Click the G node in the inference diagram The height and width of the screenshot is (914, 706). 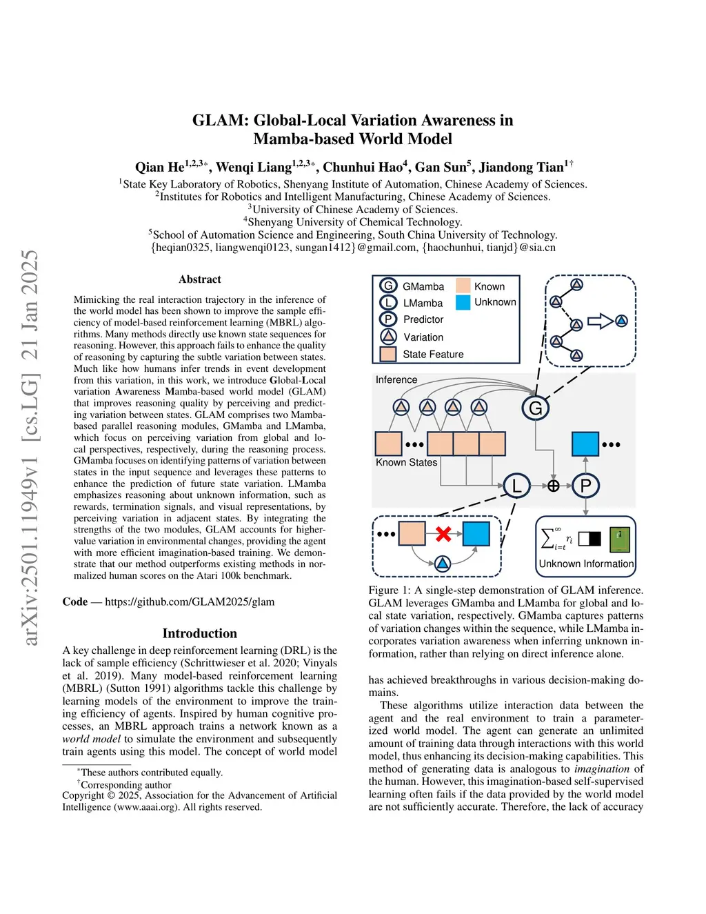[x=536, y=408]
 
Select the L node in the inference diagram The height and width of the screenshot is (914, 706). [x=516, y=486]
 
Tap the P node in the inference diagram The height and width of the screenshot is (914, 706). [x=586, y=486]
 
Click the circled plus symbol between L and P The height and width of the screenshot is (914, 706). [x=553, y=486]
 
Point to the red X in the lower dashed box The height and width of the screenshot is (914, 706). [x=443, y=534]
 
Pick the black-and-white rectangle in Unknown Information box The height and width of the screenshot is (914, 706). [x=589, y=539]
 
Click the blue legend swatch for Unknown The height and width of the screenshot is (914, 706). [x=463, y=302]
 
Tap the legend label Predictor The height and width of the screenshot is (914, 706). [x=423, y=319]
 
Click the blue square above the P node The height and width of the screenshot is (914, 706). [x=585, y=444]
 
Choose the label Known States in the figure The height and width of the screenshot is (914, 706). [x=406, y=462]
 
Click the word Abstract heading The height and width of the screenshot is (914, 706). [x=200, y=279]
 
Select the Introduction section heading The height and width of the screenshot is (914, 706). [x=200, y=633]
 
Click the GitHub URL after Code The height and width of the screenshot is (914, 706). [x=190, y=602]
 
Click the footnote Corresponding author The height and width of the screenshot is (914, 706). [x=126, y=784]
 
